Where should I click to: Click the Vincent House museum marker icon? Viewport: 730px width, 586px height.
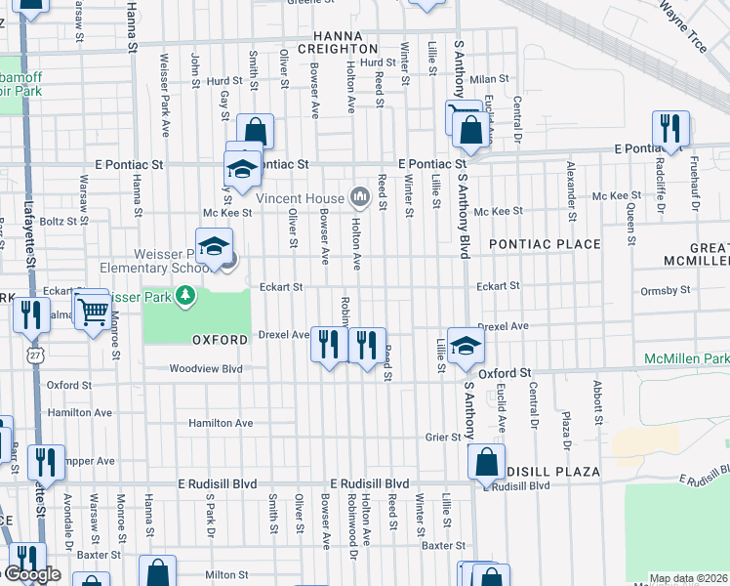point(359,198)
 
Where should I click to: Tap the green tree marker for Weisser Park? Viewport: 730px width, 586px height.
point(182,295)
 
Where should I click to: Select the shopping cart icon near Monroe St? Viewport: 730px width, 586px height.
point(93,312)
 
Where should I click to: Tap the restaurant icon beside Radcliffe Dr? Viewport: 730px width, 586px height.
point(670,128)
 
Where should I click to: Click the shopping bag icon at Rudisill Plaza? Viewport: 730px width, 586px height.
point(486,461)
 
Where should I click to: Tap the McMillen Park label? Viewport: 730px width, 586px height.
point(686,359)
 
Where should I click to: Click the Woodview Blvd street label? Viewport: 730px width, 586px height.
point(205,369)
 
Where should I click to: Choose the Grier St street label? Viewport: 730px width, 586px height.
point(441,437)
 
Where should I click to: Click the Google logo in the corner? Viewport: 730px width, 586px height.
point(31,575)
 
